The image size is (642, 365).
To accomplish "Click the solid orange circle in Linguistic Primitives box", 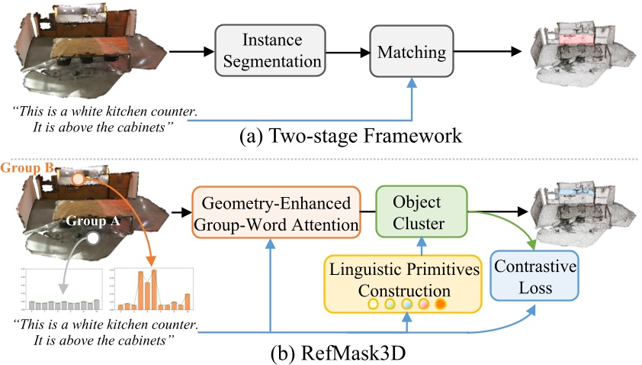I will [x=440, y=305].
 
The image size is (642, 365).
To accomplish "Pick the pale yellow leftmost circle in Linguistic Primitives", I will [x=374, y=305].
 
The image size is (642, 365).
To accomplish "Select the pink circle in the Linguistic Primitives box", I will [x=423, y=305].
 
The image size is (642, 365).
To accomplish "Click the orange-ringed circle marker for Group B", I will [x=78, y=179].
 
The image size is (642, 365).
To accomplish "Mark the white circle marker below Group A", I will [x=92, y=239].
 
